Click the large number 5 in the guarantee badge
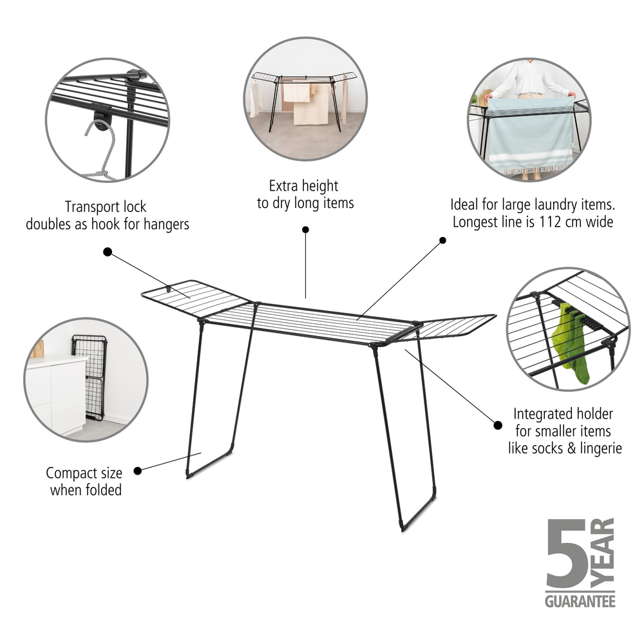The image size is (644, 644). tap(567, 553)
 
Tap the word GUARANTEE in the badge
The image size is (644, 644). tap(580, 601)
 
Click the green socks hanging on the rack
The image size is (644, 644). tap(570, 342)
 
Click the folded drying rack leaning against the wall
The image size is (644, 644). tap(89, 377)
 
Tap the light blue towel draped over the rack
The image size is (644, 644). tap(530, 135)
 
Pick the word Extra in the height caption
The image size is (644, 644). tap(283, 185)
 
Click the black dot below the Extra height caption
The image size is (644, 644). tap(305, 230)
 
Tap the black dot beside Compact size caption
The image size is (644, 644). tap(138, 471)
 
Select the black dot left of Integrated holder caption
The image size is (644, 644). tap(498, 425)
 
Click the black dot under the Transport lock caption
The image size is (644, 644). tap(108, 252)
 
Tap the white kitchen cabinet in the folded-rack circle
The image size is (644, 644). tap(56, 394)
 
